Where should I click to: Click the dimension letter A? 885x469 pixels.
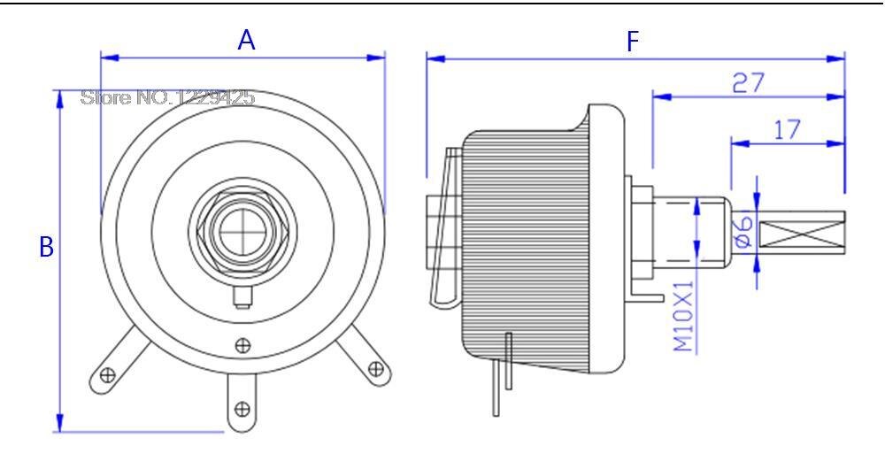[x=247, y=40]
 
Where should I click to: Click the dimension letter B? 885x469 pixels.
[x=46, y=247]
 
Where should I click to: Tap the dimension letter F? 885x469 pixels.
[x=632, y=42]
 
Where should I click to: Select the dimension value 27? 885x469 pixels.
[x=748, y=83]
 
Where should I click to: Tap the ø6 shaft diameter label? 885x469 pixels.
[x=743, y=231]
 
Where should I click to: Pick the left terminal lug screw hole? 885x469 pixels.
[x=108, y=374]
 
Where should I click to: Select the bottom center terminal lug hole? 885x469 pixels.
[x=241, y=408]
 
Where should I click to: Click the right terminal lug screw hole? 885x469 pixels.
[x=374, y=368]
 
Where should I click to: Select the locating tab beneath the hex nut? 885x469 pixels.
[x=240, y=296]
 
